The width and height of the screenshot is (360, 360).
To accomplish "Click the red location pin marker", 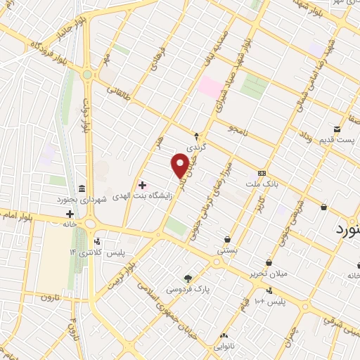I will pyautogui.click(x=180, y=165).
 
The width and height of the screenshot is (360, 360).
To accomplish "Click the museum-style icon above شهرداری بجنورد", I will pyautogui.click(x=82, y=189).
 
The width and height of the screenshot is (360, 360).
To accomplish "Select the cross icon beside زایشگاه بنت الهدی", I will pyautogui.click(x=142, y=186).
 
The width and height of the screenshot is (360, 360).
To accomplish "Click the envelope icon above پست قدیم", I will pyautogui.click(x=337, y=129).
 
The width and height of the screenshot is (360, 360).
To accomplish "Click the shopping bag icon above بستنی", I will pyautogui.click(x=226, y=239).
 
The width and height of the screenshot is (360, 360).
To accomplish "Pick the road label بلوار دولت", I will pyautogui.click(x=87, y=117).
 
